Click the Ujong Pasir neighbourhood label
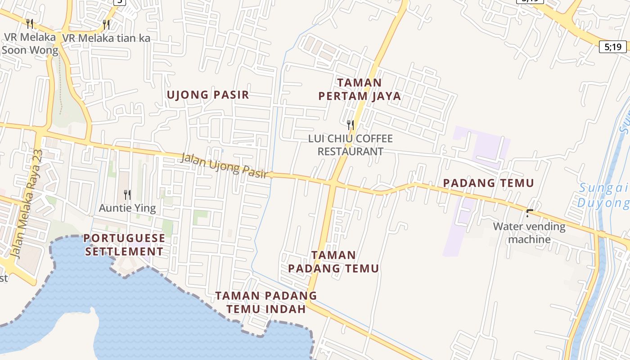pos(207,95)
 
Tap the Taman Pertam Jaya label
pos(359,90)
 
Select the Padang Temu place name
pos(488,183)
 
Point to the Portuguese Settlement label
pos(124,245)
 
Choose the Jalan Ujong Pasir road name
pos(224,165)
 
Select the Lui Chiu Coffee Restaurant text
pos(350,145)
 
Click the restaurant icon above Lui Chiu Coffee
pos(350,125)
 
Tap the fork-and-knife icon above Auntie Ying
pos(127,195)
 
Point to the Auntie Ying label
pos(127,208)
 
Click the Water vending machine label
pos(529,233)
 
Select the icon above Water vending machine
pos(530,213)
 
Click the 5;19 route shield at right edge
pos(612,46)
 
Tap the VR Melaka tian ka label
pos(106,38)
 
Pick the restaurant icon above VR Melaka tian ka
pos(106,24)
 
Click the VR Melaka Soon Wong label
pos(30,43)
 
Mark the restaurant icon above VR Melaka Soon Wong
pos(30,23)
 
